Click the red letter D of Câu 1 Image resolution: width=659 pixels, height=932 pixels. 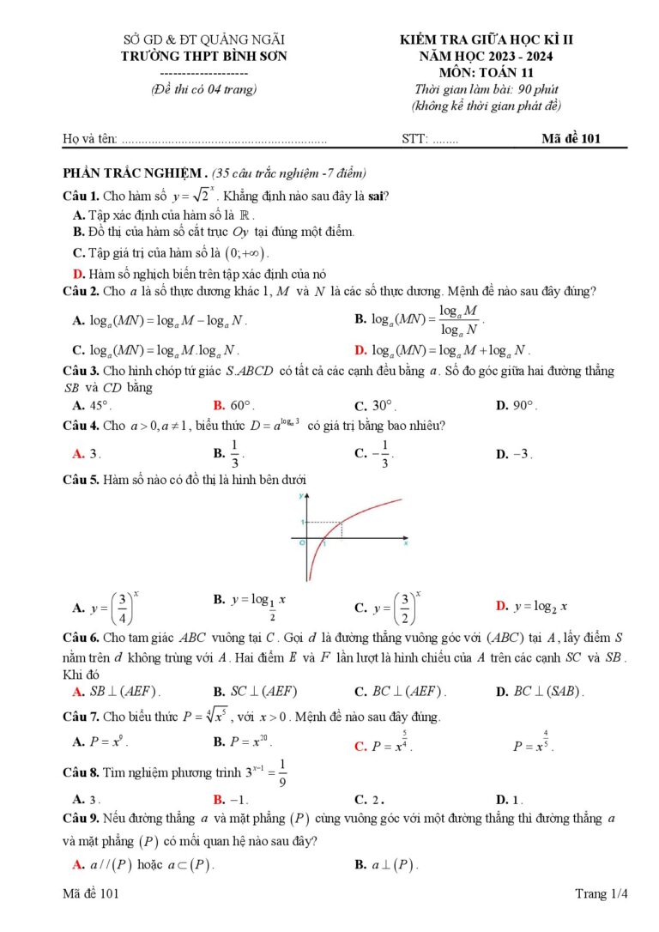click(x=79, y=274)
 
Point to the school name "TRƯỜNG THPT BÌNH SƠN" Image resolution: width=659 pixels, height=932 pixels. click(x=204, y=56)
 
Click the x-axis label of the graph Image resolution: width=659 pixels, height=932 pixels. click(x=405, y=543)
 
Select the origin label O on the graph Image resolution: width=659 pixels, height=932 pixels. click(x=301, y=543)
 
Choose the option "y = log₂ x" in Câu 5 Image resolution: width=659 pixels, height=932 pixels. click(x=541, y=607)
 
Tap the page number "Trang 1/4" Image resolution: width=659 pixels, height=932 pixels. click(x=602, y=894)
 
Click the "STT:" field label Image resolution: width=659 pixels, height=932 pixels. click(x=414, y=139)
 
